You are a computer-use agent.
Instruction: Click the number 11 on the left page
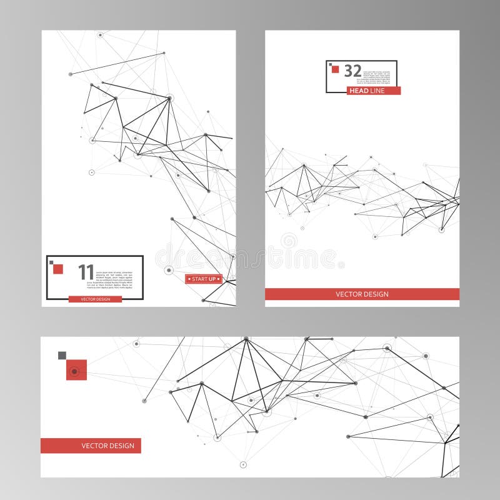click(x=86, y=272)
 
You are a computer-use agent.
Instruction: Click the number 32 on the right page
click(x=352, y=71)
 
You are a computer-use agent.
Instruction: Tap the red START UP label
click(x=204, y=279)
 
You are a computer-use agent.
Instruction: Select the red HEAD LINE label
click(x=374, y=91)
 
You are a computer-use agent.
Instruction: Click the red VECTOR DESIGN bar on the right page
click(x=362, y=294)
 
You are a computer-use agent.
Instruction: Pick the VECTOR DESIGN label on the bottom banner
click(x=91, y=446)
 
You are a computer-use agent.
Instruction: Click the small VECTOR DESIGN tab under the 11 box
click(x=95, y=299)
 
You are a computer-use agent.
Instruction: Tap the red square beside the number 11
click(x=58, y=269)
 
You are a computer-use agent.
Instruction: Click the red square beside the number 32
click(x=336, y=69)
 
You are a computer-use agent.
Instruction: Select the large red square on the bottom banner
click(x=76, y=370)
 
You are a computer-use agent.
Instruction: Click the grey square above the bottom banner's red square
click(x=62, y=356)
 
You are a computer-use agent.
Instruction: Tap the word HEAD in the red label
click(x=359, y=91)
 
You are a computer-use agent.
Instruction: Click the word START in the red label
click(x=200, y=279)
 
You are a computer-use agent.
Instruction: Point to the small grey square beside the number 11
click(x=51, y=262)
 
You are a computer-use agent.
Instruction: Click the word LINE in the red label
click(x=379, y=91)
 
